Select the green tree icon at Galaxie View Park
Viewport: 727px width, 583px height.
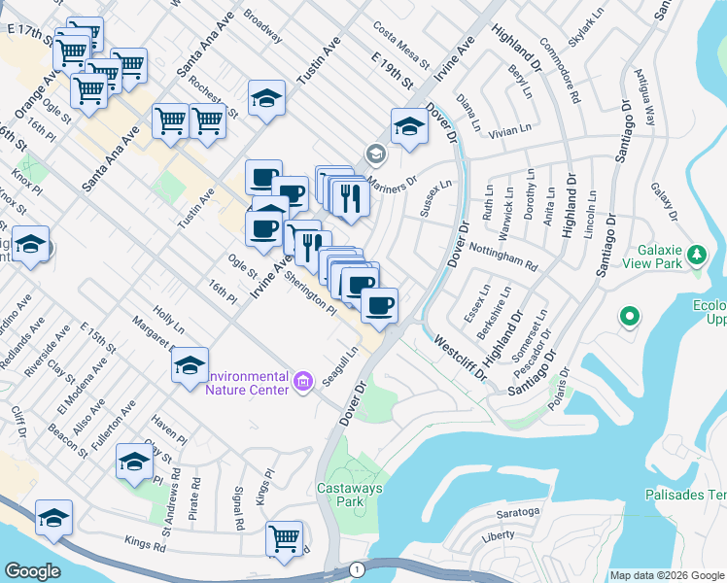(696, 256)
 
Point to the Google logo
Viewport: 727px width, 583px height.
(32, 571)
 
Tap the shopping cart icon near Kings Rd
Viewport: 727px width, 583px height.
(284, 538)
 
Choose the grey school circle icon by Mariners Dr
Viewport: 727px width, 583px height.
(373, 154)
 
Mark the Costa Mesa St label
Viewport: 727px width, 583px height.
(400, 44)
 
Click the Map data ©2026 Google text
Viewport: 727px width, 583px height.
(667, 575)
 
